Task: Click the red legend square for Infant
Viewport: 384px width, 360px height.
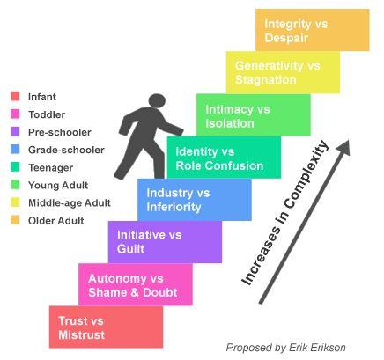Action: pyautogui.click(x=15, y=96)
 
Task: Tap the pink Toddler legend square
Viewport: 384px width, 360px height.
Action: pyautogui.click(x=15, y=114)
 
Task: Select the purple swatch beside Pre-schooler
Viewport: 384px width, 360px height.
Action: pyautogui.click(x=15, y=131)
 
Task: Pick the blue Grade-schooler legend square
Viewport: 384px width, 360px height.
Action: pyautogui.click(x=15, y=150)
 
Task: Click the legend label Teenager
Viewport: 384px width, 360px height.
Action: pyautogui.click(x=51, y=168)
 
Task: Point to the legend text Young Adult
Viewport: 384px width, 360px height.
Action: pyautogui.click(x=58, y=185)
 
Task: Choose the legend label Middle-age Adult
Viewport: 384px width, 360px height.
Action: pyautogui.click(x=70, y=202)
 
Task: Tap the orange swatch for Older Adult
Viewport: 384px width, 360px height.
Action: pyautogui.click(x=15, y=220)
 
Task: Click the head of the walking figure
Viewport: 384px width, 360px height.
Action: pyautogui.click(x=157, y=100)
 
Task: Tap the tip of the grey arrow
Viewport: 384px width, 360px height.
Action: pyautogui.click(x=349, y=140)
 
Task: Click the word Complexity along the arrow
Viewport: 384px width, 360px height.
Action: pyautogui.click(x=306, y=175)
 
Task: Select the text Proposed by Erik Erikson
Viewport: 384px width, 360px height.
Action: pyautogui.click(x=286, y=348)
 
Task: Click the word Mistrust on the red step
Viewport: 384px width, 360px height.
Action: pyautogui.click(x=82, y=334)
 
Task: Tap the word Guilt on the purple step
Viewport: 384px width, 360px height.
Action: pyautogui.click(x=130, y=249)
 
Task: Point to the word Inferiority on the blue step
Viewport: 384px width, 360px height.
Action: pyautogui.click(x=174, y=207)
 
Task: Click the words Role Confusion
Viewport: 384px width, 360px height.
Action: pyautogui.click(x=219, y=165)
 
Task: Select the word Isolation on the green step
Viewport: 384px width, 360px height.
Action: pyautogui.click(x=230, y=123)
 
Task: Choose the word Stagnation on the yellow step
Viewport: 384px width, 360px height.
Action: pyautogui.click(x=265, y=80)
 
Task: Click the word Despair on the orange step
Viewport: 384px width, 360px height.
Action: pyautogui.click(x=286, y=38)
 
